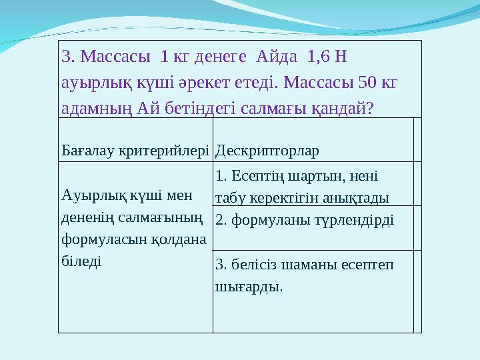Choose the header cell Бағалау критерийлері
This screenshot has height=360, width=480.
click(x=135, y=150)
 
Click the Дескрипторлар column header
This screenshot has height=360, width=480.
click(x=267, y=150)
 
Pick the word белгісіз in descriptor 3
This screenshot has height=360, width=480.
click(x=254, y=265)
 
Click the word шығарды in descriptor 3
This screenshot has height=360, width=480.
click(x=247, y=287)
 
